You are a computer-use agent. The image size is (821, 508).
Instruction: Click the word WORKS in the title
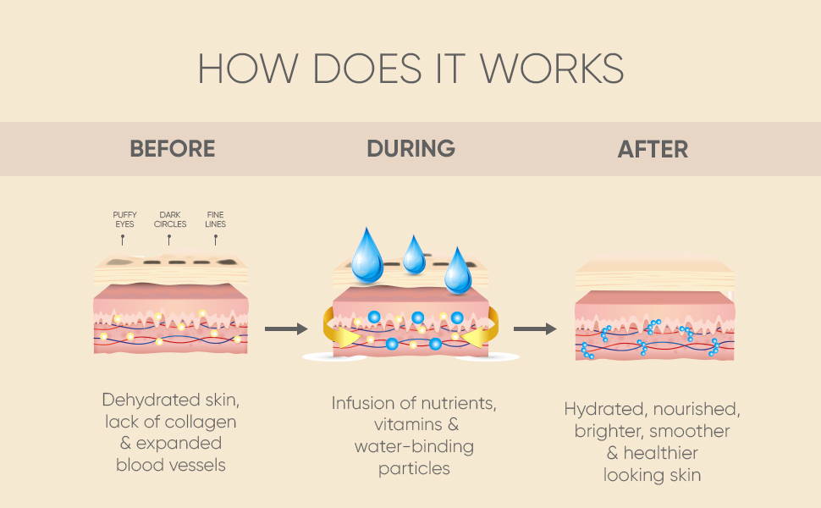[552, 68]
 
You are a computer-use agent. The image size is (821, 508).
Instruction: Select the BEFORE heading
[173, 149]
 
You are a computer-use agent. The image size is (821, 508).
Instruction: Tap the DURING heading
[411, 149]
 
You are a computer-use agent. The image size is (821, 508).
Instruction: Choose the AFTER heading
[653, 149]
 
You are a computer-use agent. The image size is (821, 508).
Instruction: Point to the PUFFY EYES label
[124, 219]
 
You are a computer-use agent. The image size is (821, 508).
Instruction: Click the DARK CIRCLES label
[170, 219]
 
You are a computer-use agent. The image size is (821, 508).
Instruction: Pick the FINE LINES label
[215, 219]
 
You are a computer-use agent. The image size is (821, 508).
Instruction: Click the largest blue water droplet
[367, 256]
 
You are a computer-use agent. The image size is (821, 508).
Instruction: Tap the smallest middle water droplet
[414, 256]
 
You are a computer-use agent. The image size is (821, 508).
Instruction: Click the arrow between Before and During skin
[286, 329]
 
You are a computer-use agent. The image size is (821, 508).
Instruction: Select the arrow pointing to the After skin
[535, 329]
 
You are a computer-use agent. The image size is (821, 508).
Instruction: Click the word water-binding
[414, 447]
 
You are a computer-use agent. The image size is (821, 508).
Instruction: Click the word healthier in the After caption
[661, 453]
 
